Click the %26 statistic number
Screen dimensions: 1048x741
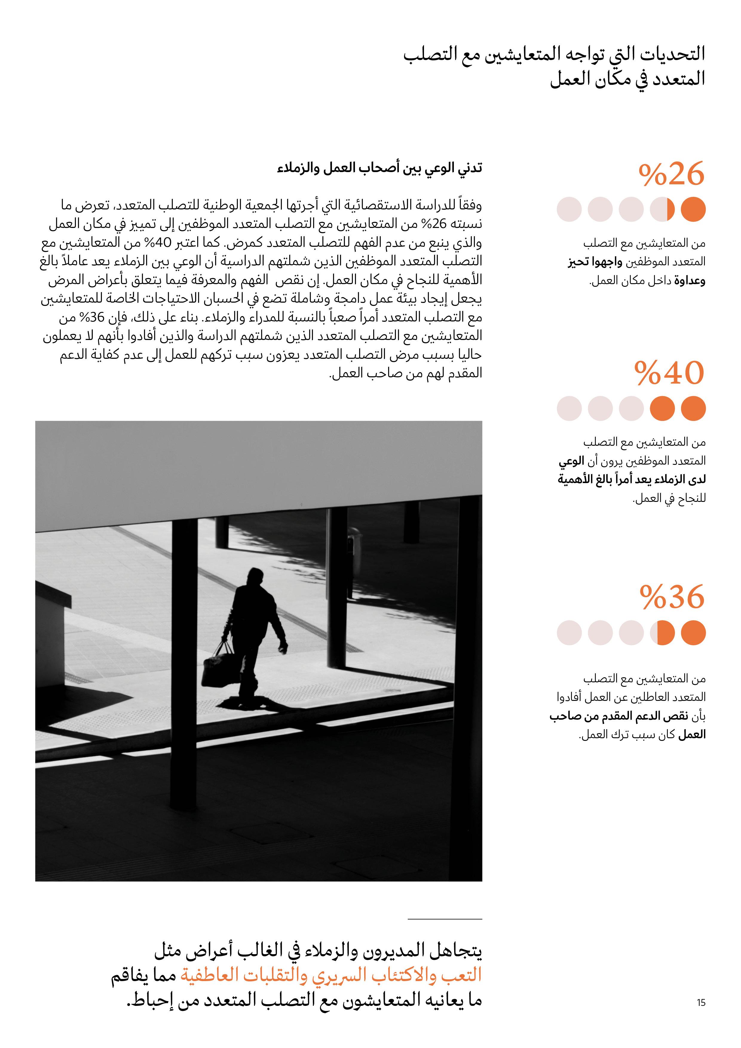[x=671, y=174]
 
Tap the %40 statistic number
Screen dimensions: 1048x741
[x=669, y=373]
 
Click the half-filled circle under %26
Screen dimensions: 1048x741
[x=662, y=209]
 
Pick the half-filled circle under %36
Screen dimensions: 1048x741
[x=662, y=633]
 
